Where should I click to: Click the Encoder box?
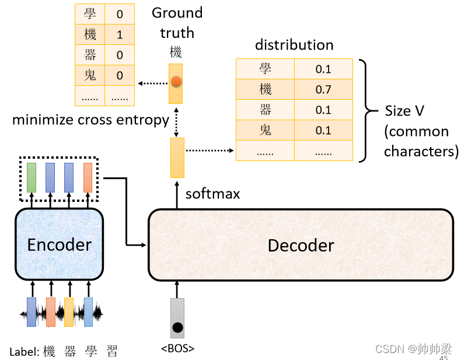pyautogui.click(x=59, y=244)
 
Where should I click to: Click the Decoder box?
pyautogui.click(x=301, y=245)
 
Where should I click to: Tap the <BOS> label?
pyautogui.click(x=177, y=349)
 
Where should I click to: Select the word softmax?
pyautogui.click(x=212, y=194)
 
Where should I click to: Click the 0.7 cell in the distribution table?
pyautogui.click(x=323, y=89)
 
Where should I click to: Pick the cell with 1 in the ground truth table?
pyautogui.click(x=120, y=34)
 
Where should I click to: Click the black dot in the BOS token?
pyautogui.click(x=177, y=327)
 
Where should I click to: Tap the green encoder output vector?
pyautogui.click(x=32, y=178)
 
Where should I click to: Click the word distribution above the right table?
pyautogui.click(x=294, y=45)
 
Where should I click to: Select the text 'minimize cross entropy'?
pyautogui.click(x=90, y=120)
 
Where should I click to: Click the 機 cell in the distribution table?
pyautogui.click(x=265, y=89)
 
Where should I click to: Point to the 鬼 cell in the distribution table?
pyautogui.click(x=265, y=130)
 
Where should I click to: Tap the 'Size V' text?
pyautogui.click(x=406, y=111)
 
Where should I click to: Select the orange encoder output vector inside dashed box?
pyautogui.click(x=88, y=178)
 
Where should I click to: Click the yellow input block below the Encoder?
pyautogui.click(x=69, y=312)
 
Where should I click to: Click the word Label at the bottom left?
pyautogui.click(x=23, y=351)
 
